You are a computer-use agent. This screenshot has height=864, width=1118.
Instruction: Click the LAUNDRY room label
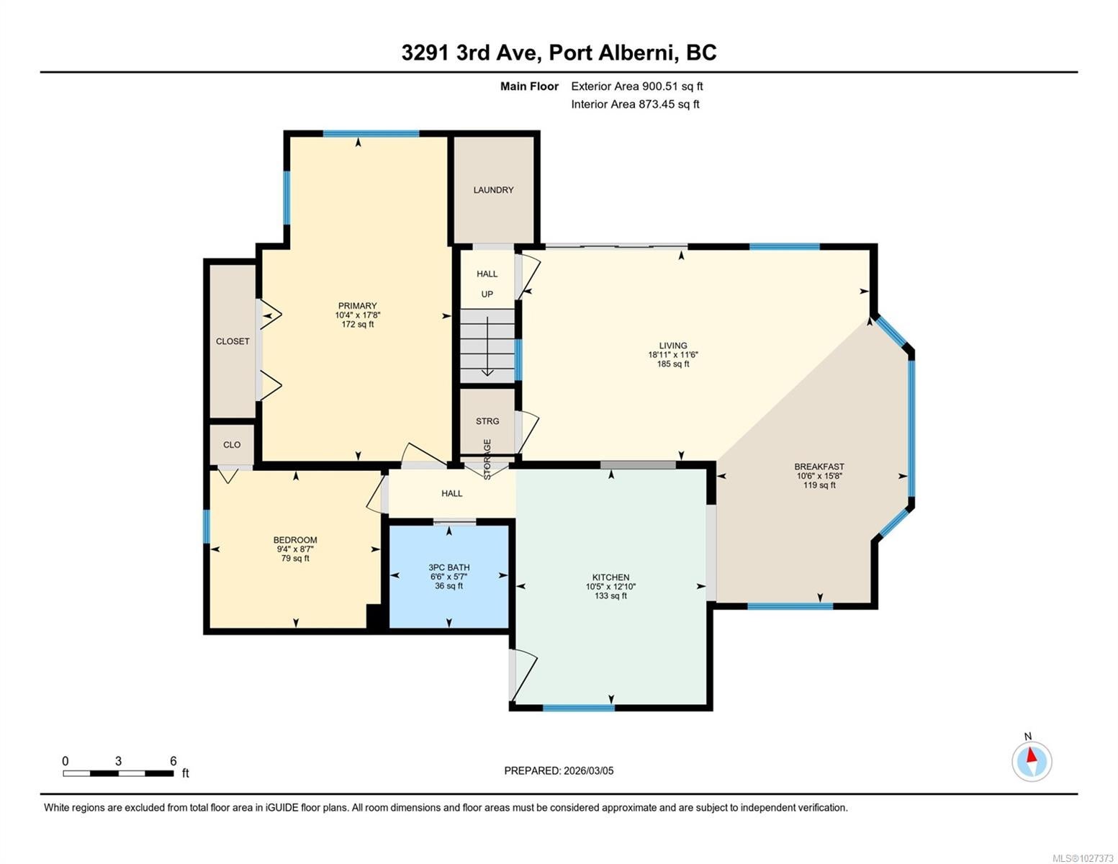pos(493,190)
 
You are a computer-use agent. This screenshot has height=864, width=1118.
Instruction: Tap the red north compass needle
pos(1031,755)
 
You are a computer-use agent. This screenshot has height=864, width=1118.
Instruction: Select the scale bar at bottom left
pos(118,773)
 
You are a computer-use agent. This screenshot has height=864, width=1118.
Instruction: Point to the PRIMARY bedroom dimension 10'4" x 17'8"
pos(358,315)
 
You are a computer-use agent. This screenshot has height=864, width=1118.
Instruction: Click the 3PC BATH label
pos(448,567)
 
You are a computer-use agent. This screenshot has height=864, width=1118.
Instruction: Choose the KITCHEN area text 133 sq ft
pos(610,596)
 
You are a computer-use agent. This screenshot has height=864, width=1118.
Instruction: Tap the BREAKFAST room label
pos(819,467)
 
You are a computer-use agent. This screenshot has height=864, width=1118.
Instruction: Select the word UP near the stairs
pos(487,294)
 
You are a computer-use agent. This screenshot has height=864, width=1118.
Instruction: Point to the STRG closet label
pos(487,421)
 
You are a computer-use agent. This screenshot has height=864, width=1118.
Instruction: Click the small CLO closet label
pos(232,445)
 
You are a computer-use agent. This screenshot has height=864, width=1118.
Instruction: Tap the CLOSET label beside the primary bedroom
pos(233,341)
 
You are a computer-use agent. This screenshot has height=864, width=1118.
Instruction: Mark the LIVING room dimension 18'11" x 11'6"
pos(673,354)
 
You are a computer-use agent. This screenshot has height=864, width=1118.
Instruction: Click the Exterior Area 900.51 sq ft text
pos(637,86)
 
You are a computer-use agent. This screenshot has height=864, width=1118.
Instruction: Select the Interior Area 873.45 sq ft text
pos(636,104)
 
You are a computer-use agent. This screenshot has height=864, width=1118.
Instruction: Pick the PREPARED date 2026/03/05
pos(589,770)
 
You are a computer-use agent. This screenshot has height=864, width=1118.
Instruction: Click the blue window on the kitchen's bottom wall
pos(579,708)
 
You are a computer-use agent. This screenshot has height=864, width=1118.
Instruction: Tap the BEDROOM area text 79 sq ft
pos(295,558)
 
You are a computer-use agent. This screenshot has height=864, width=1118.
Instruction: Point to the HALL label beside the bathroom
pos(451,493)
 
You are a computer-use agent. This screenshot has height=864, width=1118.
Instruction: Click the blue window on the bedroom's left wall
pos(207,526)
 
